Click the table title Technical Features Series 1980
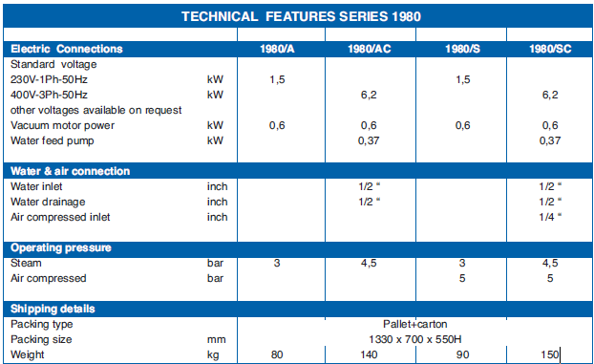[301, 16]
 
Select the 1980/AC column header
[370, 49]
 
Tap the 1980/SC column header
[550, 49]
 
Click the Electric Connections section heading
[67, 49]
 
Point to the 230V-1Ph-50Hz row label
[49, 79]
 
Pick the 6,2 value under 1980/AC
[369, 95]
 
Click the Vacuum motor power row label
[62, 125]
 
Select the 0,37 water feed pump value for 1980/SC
[550, 140]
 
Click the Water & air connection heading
[70, 171]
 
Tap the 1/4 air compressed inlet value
[550, 217]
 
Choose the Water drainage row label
[48, 202]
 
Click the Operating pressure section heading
[61, 248]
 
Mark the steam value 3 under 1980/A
[277, 263]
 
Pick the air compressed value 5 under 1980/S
[462, 278]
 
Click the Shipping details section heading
[53, 309]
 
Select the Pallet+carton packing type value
[415, 324]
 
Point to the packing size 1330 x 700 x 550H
[415, 339]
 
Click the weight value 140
[369, 354]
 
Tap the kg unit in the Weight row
[213, 355]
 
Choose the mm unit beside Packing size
[217, 340]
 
